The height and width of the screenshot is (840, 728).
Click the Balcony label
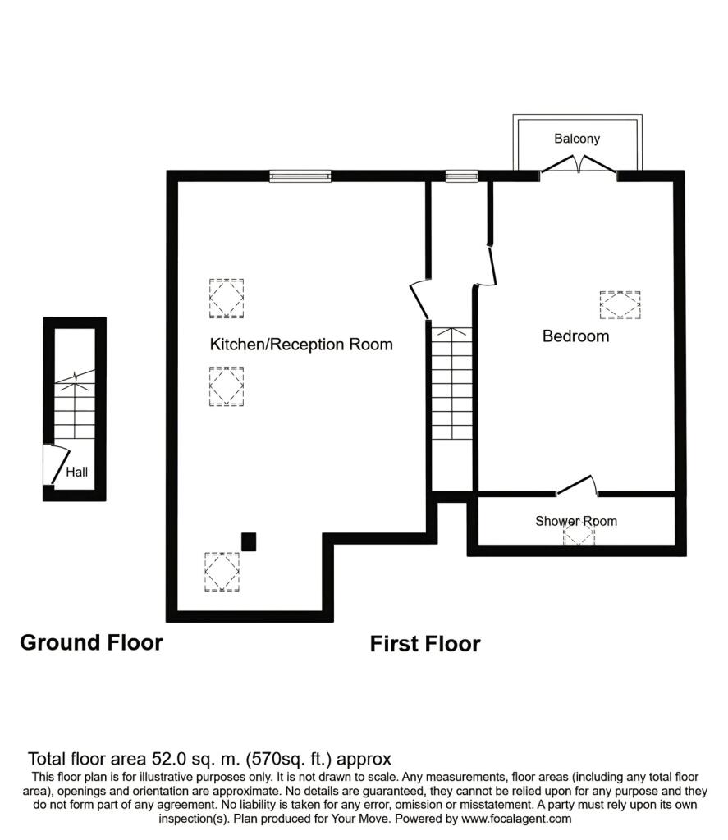tap(577, 139)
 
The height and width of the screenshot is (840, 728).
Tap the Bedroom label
tap(576, 336)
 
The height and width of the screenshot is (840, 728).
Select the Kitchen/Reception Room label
tap(301, 344)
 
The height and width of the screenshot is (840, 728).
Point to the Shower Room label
tap(576, 521)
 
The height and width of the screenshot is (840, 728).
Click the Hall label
tap(76, 472)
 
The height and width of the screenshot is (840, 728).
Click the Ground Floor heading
tap(91, 642)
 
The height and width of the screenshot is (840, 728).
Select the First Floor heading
tap(425, 643)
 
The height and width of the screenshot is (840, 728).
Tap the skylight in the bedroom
tap(620, 305)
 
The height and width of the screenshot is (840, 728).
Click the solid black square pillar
tap(249, 541)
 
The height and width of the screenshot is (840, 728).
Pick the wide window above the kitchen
tap(300, 176)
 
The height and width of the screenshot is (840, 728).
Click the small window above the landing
tap(461, 176)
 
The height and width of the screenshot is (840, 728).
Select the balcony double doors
tap(578, 164)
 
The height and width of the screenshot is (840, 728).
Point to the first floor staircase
tap(452, 384)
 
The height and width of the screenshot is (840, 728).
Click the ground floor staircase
tap(75, 404)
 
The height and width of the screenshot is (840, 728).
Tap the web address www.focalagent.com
tap(516, 819)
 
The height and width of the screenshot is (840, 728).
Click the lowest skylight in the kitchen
tap(222, 572)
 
